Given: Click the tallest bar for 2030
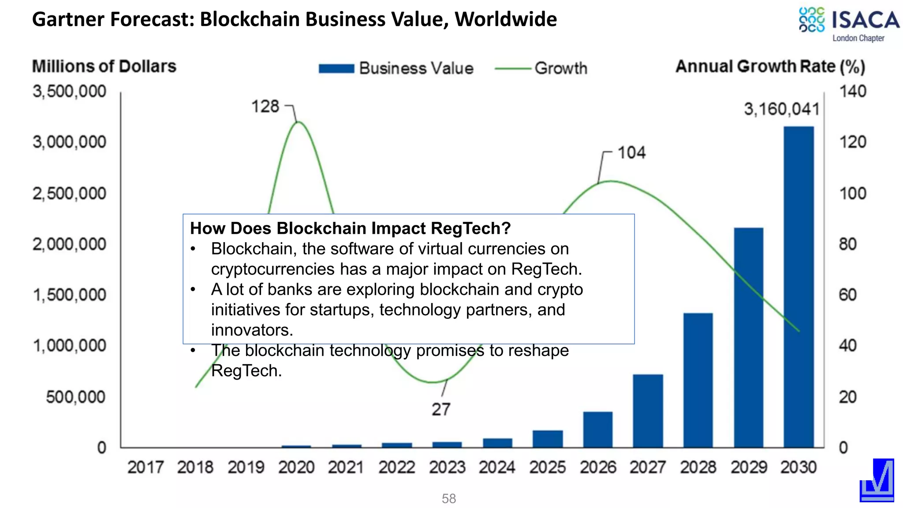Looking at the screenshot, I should (799, 287).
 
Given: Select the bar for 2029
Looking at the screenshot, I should (748, 337).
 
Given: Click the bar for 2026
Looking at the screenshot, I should (597, 430).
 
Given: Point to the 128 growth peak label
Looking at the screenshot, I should (265, 106).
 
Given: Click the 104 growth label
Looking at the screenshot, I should (631, 153).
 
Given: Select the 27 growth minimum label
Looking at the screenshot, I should (440, 409).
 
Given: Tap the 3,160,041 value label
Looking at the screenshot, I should (781, 109).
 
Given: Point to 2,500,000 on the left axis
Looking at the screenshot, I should (69, 194).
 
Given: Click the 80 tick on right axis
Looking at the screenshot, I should (847, 244).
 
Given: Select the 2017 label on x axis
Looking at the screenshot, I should (145, 467).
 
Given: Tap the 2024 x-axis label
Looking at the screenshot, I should (497, 467).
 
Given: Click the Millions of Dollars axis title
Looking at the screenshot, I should (104, 66).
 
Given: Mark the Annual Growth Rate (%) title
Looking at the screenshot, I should (770, 66).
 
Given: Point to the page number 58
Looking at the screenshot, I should (448, 498).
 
